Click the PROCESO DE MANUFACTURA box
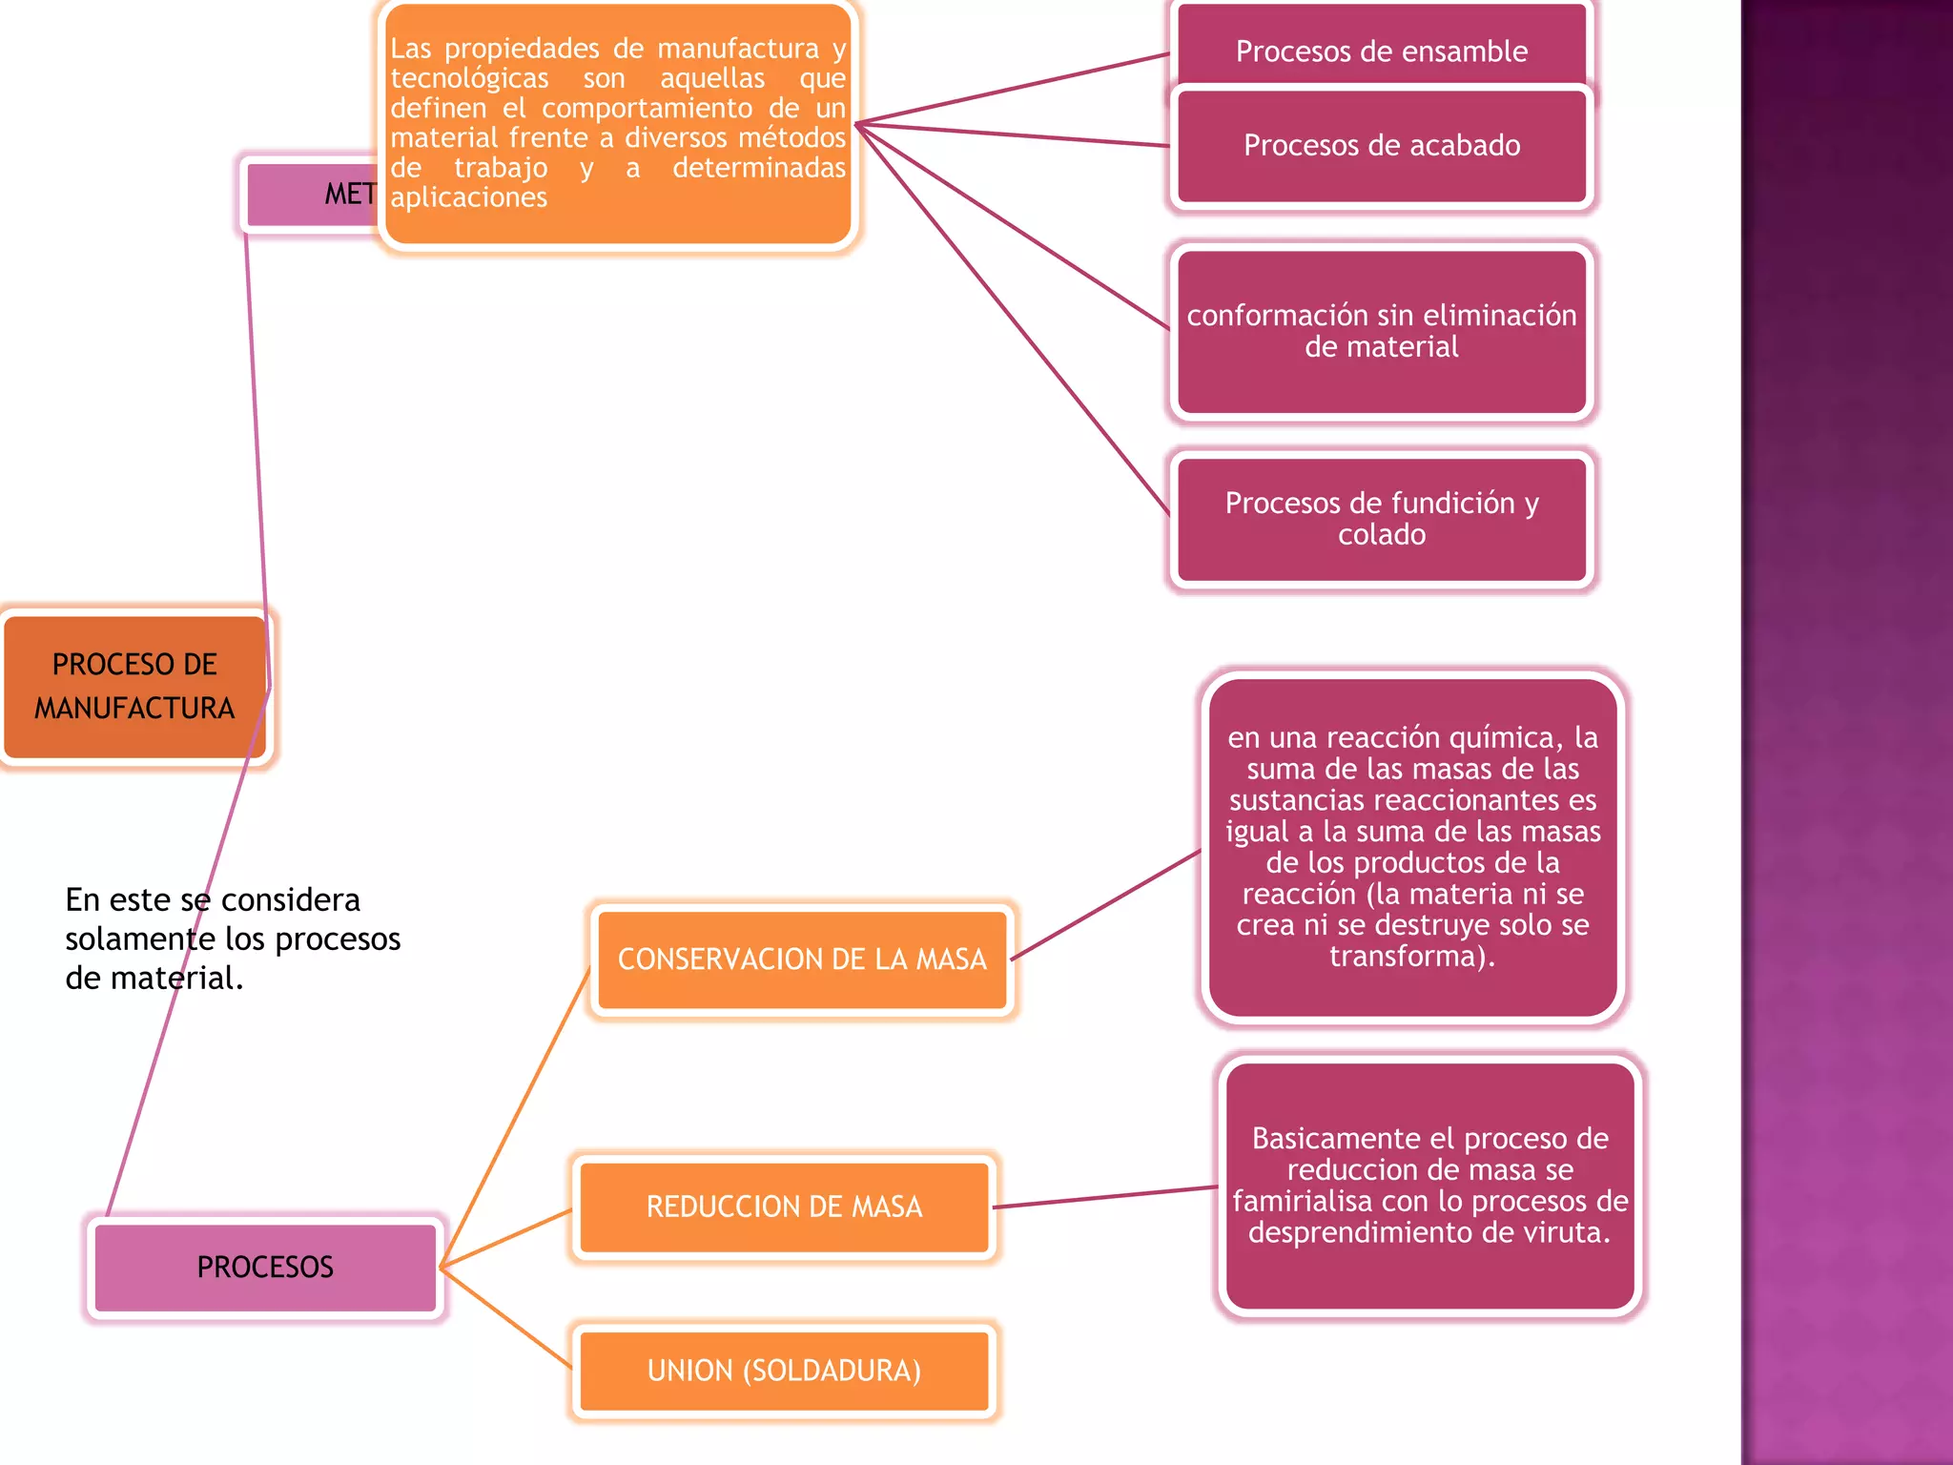(x=134, y=687)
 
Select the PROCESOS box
(x=265, y=1268)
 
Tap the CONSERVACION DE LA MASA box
(x=802, y=959)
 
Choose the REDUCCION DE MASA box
(x=784, y=1207)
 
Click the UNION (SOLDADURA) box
(x=784, y=1372)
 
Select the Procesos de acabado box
(x=1381, y=146)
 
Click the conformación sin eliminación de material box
(x=1381, y=331)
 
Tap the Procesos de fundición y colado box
(x=1381, y=519)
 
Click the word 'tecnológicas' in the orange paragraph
(x=469, y=78)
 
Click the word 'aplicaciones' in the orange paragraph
(x=468, y=197)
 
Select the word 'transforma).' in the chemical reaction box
(x=1412, y=957)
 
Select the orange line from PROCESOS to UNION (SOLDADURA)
(x=505, y=1317)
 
